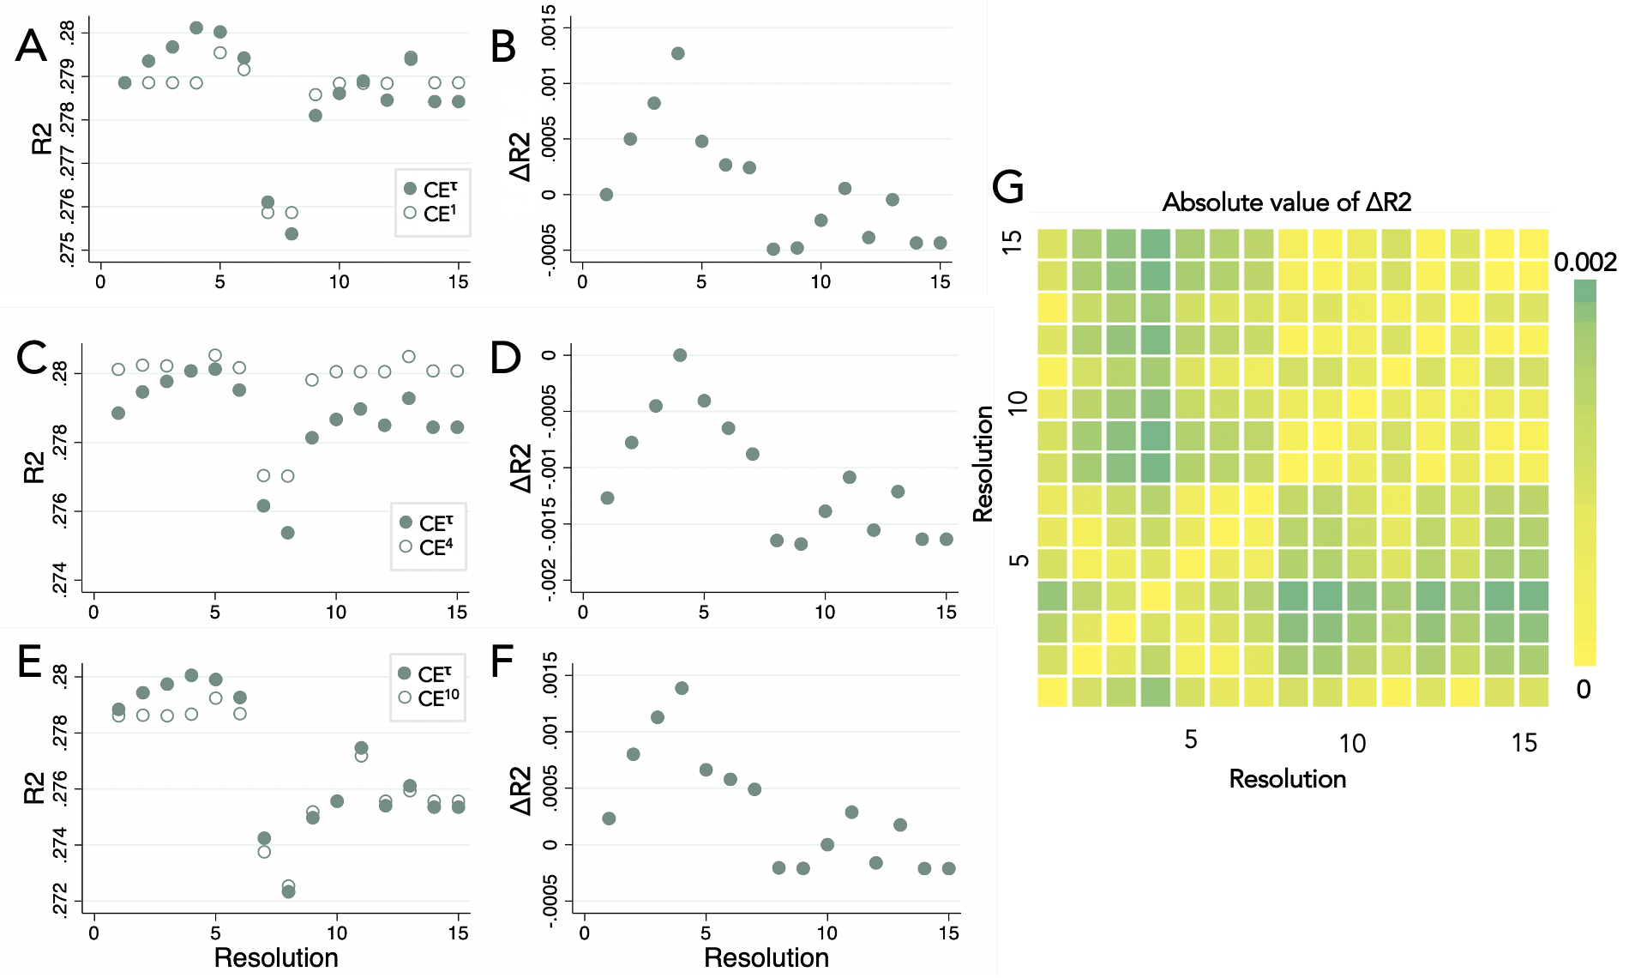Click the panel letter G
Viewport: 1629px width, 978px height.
point(1008,186)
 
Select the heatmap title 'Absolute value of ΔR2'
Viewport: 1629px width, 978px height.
point(1286,202)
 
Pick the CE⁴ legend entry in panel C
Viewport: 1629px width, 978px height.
point(428,547)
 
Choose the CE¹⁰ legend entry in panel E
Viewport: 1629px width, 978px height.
point(430,698)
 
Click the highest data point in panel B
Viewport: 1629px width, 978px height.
point(678,53)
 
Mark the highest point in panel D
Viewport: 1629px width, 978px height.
point(680,355)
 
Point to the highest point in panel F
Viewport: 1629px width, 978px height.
point(682,688)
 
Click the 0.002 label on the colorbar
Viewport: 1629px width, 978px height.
point(1585,263)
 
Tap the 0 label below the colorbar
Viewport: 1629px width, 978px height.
point(1584,689)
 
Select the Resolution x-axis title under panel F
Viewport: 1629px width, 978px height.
point(766,957)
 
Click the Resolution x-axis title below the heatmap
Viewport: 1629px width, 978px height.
point(1287,779)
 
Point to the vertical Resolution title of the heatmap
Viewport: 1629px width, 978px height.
point(983,463)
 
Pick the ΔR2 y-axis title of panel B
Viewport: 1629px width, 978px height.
point(520,157)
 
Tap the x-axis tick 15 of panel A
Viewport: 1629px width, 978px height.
point(459,281)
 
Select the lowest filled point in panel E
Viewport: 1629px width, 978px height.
point(288,892)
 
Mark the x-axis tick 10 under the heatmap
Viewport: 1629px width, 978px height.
point(1352,743)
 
